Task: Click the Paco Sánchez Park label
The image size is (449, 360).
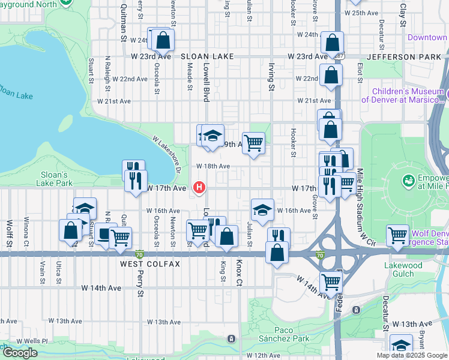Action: (283, 335)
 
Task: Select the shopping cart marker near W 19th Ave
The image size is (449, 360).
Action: (254, 143)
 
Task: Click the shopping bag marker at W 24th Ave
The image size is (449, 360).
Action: (163, 41)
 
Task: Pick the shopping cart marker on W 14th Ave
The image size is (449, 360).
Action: (331, 281)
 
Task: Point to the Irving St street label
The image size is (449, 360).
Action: (271, 79)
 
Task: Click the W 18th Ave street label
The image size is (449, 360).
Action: (213, 166)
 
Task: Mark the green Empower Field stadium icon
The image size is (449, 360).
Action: (409, 179)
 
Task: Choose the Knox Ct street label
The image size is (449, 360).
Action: (238, 273)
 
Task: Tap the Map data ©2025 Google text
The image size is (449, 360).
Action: (412, 355)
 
